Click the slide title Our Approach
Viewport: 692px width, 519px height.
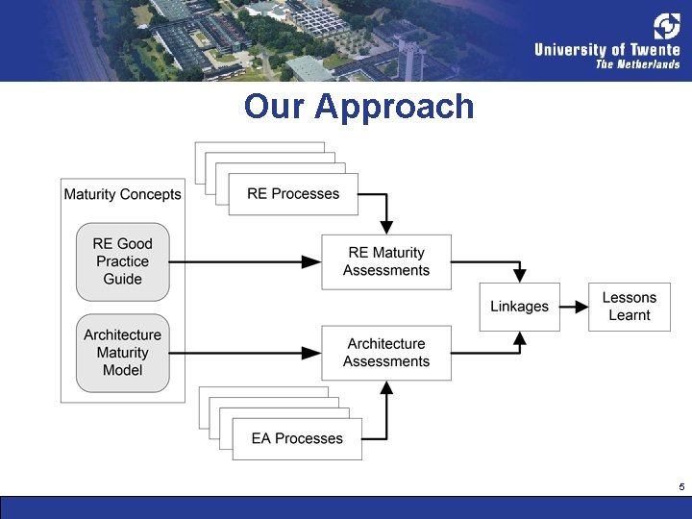[358, 106]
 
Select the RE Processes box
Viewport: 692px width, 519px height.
[293, 194]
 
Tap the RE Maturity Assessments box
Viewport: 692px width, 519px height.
[386, 261]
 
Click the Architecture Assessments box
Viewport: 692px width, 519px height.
[386, 353]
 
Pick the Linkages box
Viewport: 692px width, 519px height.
[519, 307]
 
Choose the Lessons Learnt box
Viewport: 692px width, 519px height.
[630, 307]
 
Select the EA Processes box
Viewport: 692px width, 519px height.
[297, 438]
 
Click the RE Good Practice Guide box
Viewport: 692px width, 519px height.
[122, 261]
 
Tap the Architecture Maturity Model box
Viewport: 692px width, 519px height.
[122, 353]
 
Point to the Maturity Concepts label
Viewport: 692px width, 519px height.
[122, 194]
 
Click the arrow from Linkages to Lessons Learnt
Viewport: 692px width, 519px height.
[574, 307]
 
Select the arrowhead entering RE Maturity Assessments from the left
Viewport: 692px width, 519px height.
[311, 261]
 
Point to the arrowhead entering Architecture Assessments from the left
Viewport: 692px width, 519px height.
[311, 353]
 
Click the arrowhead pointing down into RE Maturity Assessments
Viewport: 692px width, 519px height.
[386, 227]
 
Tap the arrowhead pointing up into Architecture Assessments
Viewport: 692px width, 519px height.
[386, 387]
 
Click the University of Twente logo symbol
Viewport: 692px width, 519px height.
[666, 26]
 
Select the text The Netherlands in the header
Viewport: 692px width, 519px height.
[637, 64]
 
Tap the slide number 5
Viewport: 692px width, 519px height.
[681, 487]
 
